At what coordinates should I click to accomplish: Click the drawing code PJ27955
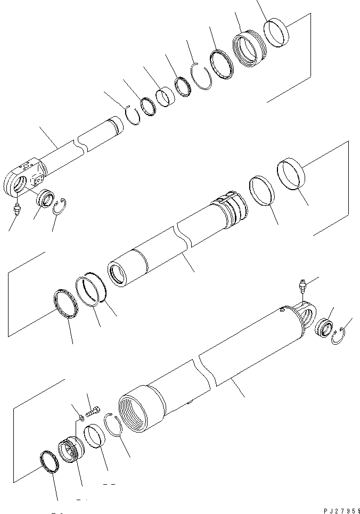pos(341,509)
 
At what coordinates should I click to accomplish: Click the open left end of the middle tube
pos(117,275)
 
